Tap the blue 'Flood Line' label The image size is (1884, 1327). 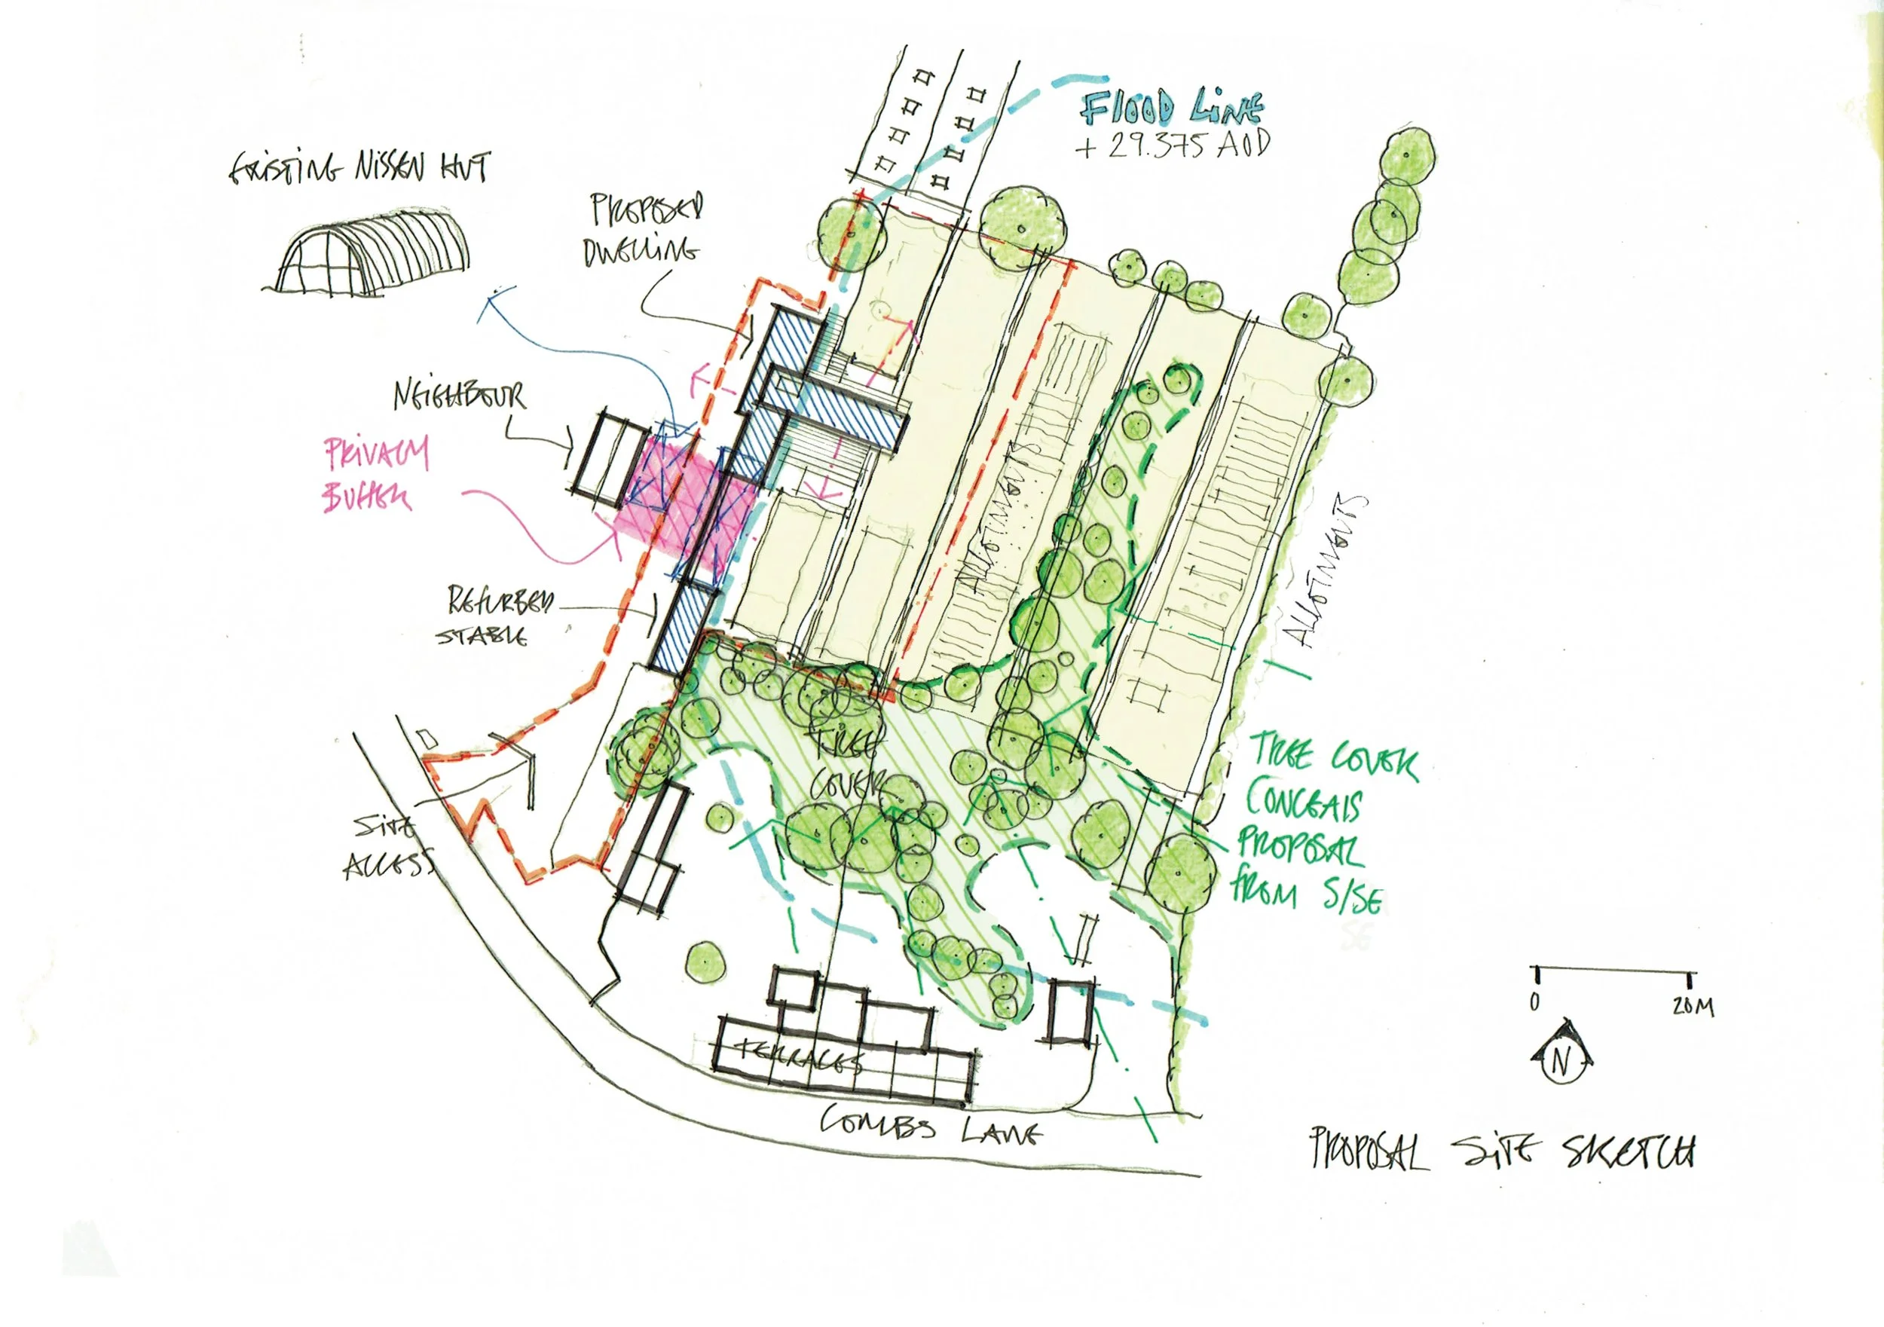(1171, 108)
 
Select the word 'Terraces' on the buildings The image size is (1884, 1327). (800, 1058)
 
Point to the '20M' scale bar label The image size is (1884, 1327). (1693, 1006)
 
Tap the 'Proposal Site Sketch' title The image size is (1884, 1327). (1502, 1151)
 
